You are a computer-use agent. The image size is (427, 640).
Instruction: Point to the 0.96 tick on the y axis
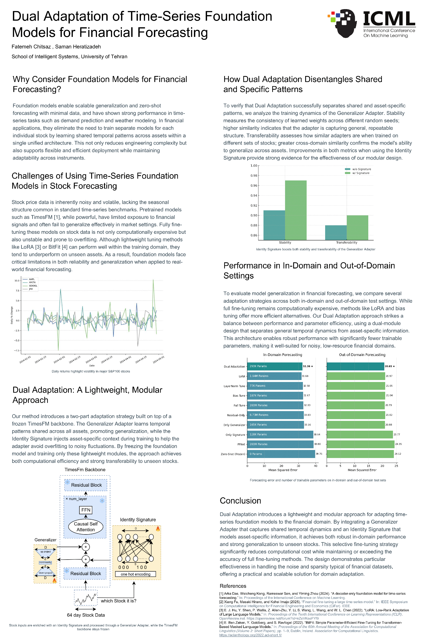[254, 186]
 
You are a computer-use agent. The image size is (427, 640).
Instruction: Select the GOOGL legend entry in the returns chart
[33, 286]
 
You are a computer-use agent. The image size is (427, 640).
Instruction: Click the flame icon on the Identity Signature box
[158, 529]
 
